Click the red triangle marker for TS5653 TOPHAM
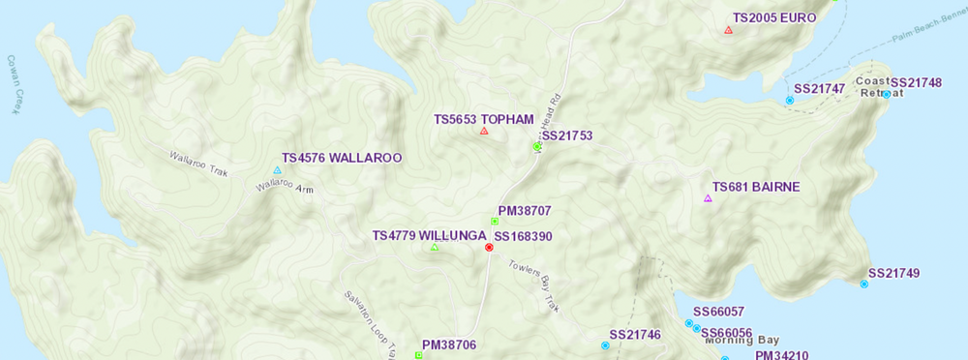(x=484, y=131)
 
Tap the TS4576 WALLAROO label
(x=341, y=158)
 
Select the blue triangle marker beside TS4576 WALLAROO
(x=278, y=170)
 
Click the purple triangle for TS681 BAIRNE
(x=708, y=198)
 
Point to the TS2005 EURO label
(x=774, y=17)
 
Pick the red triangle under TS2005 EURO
(x=728, y=30)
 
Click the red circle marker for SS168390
(x=489, y=248)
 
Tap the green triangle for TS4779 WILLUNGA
(x=434, y=248)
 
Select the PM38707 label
(x=524, y=210)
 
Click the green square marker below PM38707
(x=494, y=222)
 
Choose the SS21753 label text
(x=567, y=136)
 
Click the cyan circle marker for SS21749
(x=864, y=285)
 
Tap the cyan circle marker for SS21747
(x=790, y=101)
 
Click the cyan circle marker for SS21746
(x=605, y=345)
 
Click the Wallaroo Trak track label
(x=197, y=164)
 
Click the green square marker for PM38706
(x=418, y=355)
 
